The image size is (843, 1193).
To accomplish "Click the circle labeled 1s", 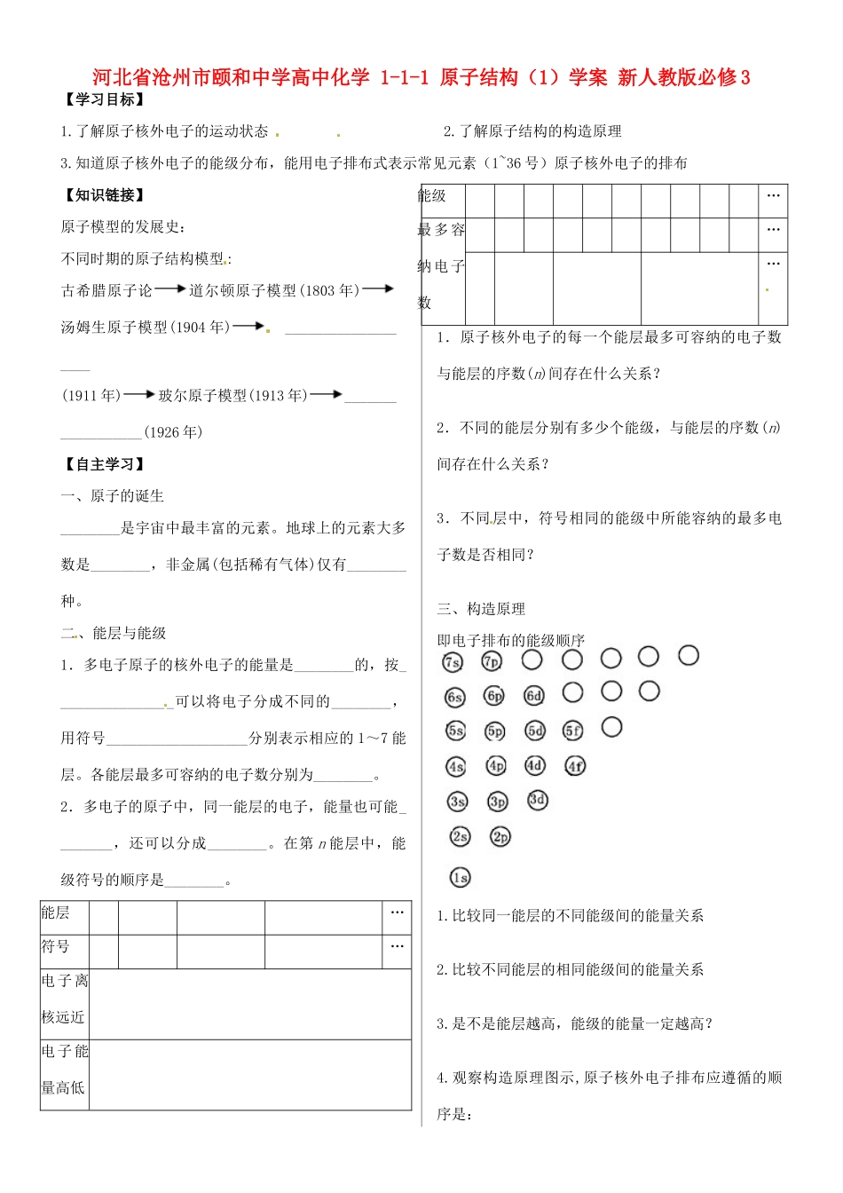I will point(460,878).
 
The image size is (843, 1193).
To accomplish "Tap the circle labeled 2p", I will point(500,836).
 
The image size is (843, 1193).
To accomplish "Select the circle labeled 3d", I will point(537,800).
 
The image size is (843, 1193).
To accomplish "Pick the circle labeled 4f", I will point(575,765).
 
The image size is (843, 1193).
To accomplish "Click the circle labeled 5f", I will point(573,731).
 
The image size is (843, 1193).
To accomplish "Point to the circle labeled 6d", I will point(533,696).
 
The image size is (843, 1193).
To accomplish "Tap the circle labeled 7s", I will point(453,662).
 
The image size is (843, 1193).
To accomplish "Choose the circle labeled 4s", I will point(455,766).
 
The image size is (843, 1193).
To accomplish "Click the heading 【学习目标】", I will point(103,99).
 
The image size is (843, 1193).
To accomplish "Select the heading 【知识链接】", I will point(103,194).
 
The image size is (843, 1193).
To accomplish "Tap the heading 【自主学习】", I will point(103,464).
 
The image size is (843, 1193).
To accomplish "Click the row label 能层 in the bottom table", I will point(55,913).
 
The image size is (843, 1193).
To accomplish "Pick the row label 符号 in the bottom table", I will point(55,946).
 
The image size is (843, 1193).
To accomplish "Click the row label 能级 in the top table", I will point(432,195).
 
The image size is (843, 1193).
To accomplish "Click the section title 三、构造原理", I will point(481,609).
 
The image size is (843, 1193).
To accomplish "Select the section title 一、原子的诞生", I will point(112,496).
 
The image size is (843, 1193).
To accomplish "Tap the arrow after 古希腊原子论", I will point(170,289).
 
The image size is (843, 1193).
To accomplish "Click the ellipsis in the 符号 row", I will point(397,946).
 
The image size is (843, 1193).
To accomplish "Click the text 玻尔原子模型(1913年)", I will point(232,396).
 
